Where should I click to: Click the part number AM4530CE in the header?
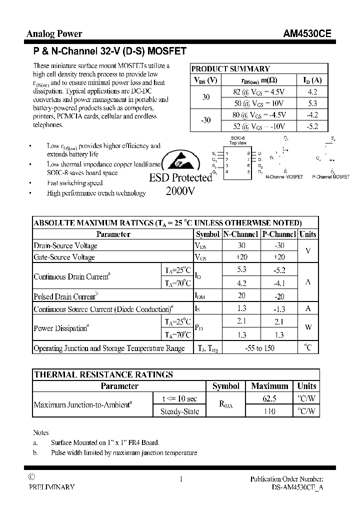click(x=306, y=34)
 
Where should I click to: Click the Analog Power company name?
click(x=54, y=34)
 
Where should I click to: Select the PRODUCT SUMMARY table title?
click(x=230, y=69)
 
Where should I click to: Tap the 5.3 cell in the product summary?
click(x=312, y=103)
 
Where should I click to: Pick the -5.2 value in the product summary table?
click(x=312, y=126)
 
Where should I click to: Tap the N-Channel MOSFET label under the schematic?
click(x=284, y=177)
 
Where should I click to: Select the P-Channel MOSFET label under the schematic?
click(x=330, y=177)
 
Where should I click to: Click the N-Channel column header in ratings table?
click(x=241, y=234)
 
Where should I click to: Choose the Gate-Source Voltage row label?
click(x=64, y=257)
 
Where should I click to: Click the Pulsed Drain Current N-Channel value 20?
click(x=241, y=296)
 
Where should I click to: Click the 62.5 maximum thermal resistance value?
click(x=270, y=398)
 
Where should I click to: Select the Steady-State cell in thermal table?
click(x=179, y=411)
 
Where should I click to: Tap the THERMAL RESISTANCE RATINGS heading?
click(x=103, y=374)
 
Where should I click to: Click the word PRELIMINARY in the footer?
click(x=51, y=487)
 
